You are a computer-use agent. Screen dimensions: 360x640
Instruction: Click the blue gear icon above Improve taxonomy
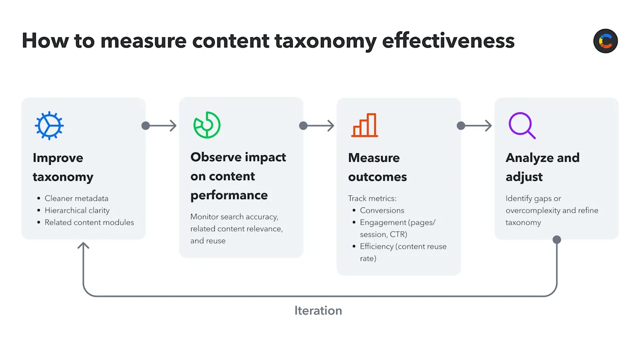tap(49, 125)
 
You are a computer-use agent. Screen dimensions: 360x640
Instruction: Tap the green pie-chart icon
tap(207, 125)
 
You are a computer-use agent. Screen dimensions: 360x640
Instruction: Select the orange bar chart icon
tap(365, 125)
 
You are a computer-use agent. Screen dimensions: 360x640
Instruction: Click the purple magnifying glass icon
tap(522, 125)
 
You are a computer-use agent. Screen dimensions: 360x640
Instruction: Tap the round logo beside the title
tap(605, 41)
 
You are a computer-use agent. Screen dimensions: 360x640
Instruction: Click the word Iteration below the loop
tap(318, 311)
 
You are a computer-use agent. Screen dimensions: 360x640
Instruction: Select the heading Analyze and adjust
tap(542, 167)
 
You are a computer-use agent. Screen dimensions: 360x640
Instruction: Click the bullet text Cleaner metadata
tap(76, 198)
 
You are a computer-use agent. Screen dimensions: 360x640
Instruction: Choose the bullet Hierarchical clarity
tap(77, 210)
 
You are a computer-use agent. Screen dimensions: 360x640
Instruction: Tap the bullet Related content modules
tap(89, 222)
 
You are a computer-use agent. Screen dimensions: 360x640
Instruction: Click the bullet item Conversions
tap(382, 210)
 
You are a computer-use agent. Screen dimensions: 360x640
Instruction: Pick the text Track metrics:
tap(372, 198)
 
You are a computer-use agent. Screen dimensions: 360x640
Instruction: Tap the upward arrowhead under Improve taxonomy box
tap(83, 246)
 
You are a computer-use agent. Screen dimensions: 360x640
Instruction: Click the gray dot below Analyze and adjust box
tap(557, 240)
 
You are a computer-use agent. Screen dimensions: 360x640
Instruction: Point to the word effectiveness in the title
tap(448, 41)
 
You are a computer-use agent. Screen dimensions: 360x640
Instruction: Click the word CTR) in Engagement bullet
tap(397, 235)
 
